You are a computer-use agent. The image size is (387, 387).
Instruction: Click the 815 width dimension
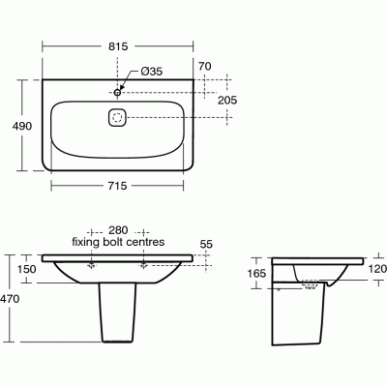[118, 46]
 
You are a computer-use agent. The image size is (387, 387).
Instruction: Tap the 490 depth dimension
[22, 126]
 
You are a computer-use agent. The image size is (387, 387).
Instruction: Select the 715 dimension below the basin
[117, 186]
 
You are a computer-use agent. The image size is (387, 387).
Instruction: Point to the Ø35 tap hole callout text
[152, 72]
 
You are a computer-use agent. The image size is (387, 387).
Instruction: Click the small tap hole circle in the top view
[117, 93]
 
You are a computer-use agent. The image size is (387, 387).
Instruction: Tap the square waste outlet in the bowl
[117, 117]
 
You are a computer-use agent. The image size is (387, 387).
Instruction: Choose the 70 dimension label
[205, 66]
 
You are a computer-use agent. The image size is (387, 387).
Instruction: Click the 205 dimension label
[227, 101]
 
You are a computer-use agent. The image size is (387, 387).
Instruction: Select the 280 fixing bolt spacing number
[118, 230]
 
